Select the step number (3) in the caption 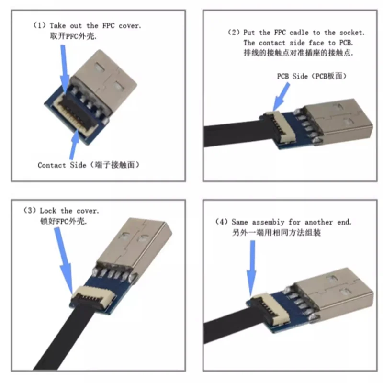click(x=30, y=210)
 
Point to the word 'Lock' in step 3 click(x=48, y=210)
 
